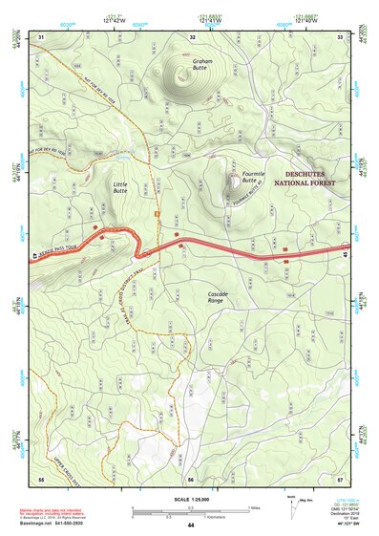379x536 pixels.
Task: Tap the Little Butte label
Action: click(x=120, y=187)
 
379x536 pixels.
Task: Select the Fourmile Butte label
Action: click(x=252, y=177)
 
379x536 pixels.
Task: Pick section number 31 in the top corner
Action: click(x=41, y=37)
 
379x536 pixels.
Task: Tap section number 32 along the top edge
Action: click(x=193, y=37)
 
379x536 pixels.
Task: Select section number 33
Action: click(x=341, y=37)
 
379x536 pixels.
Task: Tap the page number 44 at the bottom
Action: click(x=191, y=525)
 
